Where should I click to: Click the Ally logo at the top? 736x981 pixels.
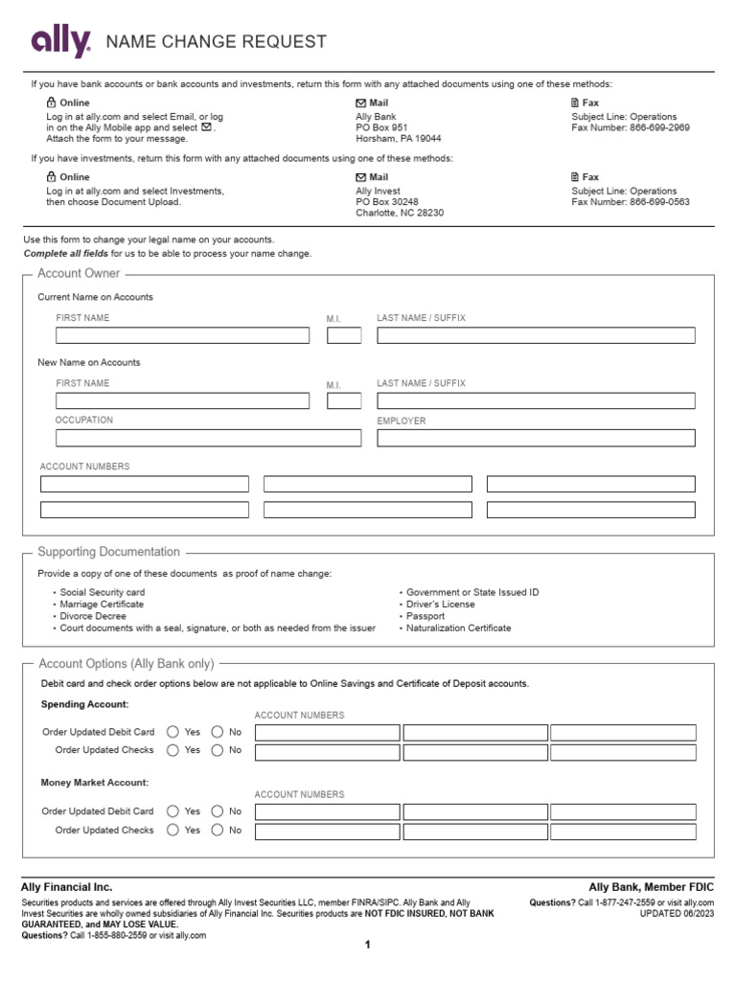[x=61, y=42]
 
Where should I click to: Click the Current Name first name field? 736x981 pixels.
[x=182, y=335]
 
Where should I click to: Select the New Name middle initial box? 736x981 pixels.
[x=344, y=400]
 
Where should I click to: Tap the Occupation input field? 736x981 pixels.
[x=208, y=438]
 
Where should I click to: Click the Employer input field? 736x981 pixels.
[x=536, y=438]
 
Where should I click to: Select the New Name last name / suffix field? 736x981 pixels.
[x=536, y=400]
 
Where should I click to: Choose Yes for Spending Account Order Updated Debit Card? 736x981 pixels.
[x=172, y=732]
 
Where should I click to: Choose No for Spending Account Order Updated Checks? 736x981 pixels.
[x=218, y=750]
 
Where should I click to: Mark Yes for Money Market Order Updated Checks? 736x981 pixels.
[x=172, y=831]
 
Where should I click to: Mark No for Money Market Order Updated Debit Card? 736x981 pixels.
[x=218, y=811]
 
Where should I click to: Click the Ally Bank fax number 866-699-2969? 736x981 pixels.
[x=659, y=127]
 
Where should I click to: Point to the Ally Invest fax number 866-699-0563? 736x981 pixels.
[x=659, y=202]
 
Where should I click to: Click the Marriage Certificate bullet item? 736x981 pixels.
[x=102, y=605]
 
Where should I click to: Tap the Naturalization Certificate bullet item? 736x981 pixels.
[x=458, y=628]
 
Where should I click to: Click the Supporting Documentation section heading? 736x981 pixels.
[x=108, y=552]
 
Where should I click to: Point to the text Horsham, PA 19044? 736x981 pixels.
[x=399, y=139]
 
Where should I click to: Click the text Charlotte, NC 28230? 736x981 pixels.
[x=401, y=214]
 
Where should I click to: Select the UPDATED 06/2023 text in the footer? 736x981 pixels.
[x=677, y=914]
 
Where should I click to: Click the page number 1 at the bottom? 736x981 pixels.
[x=367, y=946]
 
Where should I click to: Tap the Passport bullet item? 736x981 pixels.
[x=425, y=616]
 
